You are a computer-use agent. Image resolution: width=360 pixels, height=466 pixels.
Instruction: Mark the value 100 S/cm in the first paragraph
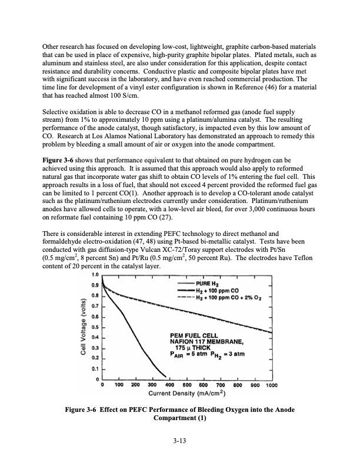(124, 95)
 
